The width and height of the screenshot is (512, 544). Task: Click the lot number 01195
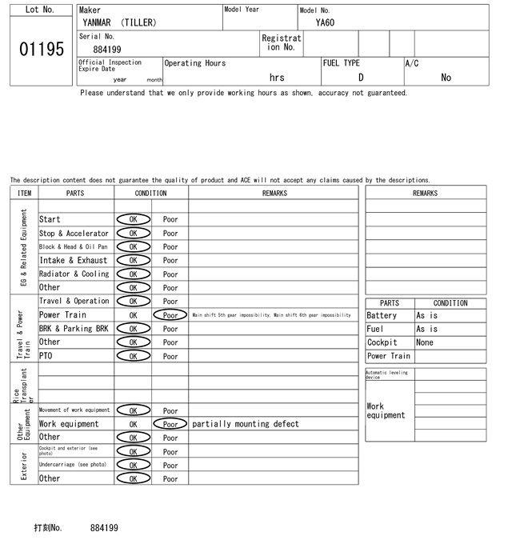pyautogui.click(x=41, y=49)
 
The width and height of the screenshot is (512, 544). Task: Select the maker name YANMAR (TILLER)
pyautogui.click(x=119, y=22)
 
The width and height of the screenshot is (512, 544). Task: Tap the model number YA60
pyautogui.click(x=325, y=22)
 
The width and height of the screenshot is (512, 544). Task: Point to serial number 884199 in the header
pyautogui.click(x=107, y=50)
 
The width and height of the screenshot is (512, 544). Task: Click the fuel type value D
pyautogui.click(x=361, y=78)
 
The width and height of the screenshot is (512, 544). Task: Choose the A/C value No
pyautogui.click(x=446, y=78)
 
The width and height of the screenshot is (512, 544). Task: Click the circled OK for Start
pyautogui.click(x=133, y=219)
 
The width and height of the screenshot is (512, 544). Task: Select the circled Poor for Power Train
pyautogui.click(x=170, y=315)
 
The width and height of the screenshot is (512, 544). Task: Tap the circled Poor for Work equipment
pyautogui.click(x=170, y=424)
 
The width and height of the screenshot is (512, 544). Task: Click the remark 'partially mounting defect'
pyautogui.click(x=246, y=424)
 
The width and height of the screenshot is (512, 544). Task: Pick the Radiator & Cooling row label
pyautogui.click(x=74, y=274)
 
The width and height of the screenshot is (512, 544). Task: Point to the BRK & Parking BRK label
pyautogui.click(x=74, y=329)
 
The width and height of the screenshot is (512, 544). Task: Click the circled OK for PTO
pyautogui.click(x=133, y=356)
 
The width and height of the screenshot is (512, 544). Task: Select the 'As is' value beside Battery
pyautogui.click(x=427, y=316)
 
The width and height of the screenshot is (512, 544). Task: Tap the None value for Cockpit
pyautogui.click(x=425, y=342)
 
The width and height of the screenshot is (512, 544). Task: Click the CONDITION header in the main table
pyautogui.click(x=151, y=193)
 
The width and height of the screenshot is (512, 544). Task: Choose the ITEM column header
pyautogui.click(x=24, y=193)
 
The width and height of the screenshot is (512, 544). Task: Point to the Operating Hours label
pyautogui.click(x=195, y=63)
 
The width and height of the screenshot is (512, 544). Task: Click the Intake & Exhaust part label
pyautogui.click(x=73, y=260)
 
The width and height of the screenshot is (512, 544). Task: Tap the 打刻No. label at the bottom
pyautogui.click(x=47, y=528)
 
